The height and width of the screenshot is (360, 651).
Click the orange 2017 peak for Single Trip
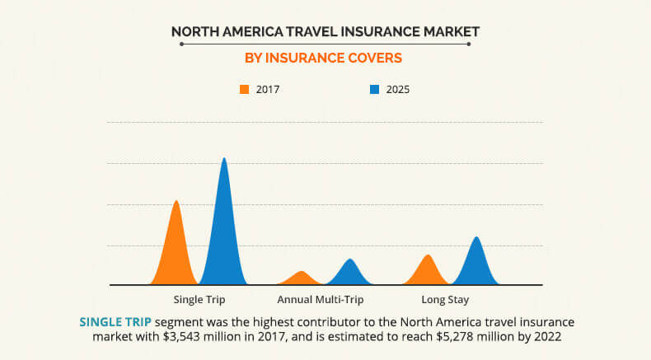click(175, 247)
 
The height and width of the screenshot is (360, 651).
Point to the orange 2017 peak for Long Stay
click(427, 271)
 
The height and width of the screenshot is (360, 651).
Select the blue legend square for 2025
click(374, 89)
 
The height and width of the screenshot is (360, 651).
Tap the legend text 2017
click(268, 89)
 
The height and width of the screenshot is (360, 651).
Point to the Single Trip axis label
click(199, 299)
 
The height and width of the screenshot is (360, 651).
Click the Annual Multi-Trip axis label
click(321, 299)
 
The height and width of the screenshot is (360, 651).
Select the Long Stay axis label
click(446, 299)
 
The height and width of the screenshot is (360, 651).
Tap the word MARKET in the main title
click(447, 32)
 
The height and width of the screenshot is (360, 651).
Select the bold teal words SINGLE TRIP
click(115, 322)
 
